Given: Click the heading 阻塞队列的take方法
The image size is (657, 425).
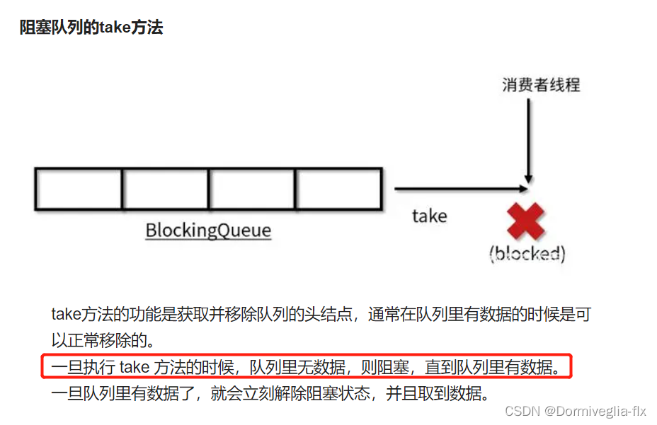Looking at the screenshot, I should pyautogui.click(x=91, y=28).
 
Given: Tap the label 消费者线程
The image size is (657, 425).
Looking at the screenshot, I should pyautogui.click(x=541, y=86).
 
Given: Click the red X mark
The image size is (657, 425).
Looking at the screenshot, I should pyautogui.click(x=527, y=221).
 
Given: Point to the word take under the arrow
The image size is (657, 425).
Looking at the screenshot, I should pyautogui.click(x=430, y=216).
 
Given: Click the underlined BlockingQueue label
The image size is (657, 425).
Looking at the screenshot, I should pyautogui.click(x=208, y=231).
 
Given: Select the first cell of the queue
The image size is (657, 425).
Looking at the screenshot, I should pyautogui.click(x=79, y=189).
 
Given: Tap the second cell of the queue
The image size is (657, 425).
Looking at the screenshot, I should pyautogui.click(x=166, y=189).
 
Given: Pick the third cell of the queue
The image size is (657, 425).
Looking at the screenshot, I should pyautogui.click(x=252, y=189).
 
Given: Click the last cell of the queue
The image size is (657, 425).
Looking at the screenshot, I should pyautogui.click(x=338, y=189).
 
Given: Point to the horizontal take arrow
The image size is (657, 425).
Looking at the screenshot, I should pyautogui.click(x=460, y=189).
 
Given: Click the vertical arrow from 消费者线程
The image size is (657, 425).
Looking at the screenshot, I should pyautogui.click(x=527, y=141).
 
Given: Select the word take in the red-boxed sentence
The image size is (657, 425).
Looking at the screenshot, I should pyautogui.click(x=135, y=367).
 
